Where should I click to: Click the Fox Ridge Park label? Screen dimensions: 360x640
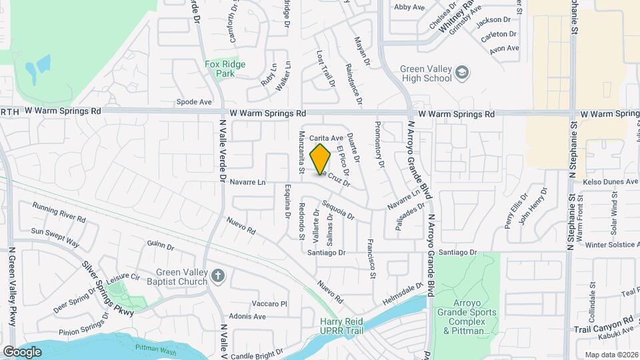point(225,69)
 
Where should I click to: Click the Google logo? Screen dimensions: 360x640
point(22,351)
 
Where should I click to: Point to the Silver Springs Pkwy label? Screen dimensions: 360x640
point(107,287)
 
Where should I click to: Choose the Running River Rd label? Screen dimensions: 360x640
point(59,213)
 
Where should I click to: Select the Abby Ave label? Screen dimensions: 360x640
point(409,7)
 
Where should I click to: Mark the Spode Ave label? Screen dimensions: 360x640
point(193,102)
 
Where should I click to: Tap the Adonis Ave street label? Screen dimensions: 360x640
point(247,317)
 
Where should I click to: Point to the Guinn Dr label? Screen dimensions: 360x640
point(160,245)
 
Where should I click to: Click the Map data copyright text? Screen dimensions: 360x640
point(611,355)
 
